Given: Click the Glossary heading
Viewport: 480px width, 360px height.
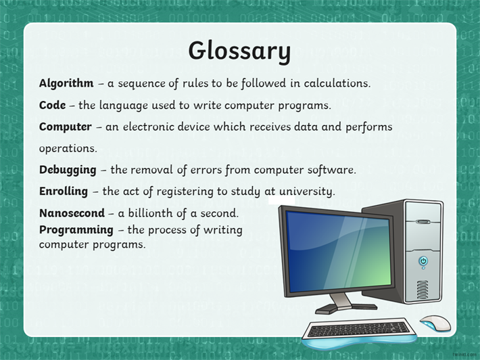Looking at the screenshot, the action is pyautogui.click(x=239, y=51).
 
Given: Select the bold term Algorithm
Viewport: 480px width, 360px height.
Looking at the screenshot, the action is pyautogui.click(x=66, y=83).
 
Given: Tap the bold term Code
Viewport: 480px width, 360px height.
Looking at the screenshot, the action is pyautogui.click(x=52, y=105).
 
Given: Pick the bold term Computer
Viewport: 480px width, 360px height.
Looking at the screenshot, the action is pyautogui.click(x=65, y=127).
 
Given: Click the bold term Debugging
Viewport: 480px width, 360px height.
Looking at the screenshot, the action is pyautogui.click(x=68, y=170).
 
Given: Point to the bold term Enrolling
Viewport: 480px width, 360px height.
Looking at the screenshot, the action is pyautogui.click(x=64, y=192).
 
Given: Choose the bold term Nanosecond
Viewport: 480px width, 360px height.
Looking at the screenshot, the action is pyautogui.click(x=72, y=213).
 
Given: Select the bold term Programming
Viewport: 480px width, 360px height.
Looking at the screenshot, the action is pyautogui.click(x=76, y=230).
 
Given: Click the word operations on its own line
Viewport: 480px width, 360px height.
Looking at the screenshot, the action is pyautogui.click(x=68, y=149).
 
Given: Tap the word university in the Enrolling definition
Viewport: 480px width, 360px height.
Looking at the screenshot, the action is pyautogui.click(x=307, y=192).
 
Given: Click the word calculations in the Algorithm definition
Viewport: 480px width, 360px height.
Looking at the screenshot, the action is pyautogui.click(x=337, y=83).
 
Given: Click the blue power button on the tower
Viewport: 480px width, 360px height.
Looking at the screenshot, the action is pyautogui.click(x=423, y=261).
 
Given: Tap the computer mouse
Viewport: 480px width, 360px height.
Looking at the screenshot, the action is pyautogui.click(x=435, y=323).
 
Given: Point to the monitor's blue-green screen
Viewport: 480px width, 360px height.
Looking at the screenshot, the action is pyautogui.click(x=339, y=252).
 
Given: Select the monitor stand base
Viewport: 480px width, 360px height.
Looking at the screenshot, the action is pyautogui.click(x=346, y=307).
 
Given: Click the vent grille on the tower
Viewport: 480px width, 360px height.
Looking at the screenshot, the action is pyautogui.click(x=423, y=290).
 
